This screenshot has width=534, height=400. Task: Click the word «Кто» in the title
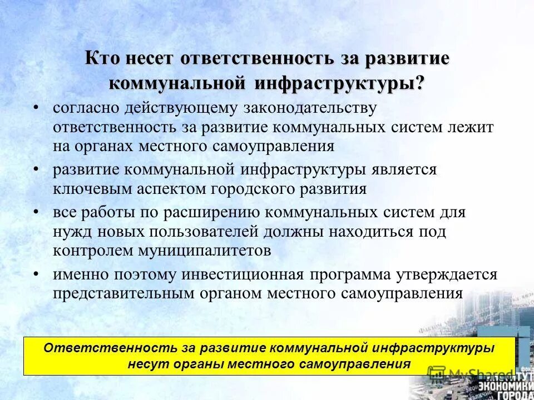(103, 59)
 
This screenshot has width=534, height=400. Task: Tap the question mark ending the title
(420, 83)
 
